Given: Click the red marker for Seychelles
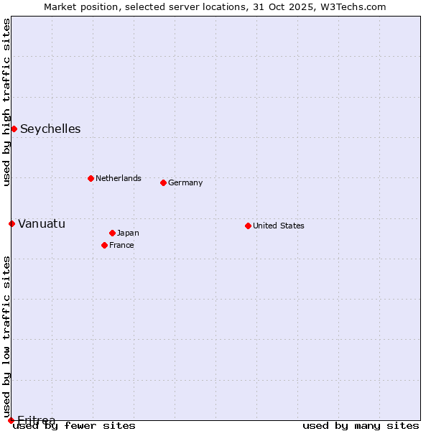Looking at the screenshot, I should pos(14,129).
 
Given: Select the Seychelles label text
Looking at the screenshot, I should pos(50,129).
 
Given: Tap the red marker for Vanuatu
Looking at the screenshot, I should pos(11,223).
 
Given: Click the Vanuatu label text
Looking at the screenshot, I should pos(42,224).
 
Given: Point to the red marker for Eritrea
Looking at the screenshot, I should pos(11,420).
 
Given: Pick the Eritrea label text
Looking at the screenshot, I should pos(36,420).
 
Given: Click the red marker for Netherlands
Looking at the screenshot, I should pos(91,178).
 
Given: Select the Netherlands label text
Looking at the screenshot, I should pos(119,179).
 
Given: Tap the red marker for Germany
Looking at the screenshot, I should pos(163,182).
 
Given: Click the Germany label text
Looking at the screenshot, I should pos(185,183).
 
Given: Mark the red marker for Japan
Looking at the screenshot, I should pos(112,233).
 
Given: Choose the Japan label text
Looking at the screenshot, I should pos(128,233).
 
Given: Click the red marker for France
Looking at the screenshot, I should pos(104,245).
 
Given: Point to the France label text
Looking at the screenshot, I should pos(121,246).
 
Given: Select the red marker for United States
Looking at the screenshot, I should pos(248,226).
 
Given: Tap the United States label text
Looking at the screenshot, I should pos(279,226).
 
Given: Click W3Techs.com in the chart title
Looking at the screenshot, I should pos(357,7).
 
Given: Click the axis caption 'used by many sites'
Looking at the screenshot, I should pos(361,426).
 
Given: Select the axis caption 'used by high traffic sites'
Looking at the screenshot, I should pos(7,102).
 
